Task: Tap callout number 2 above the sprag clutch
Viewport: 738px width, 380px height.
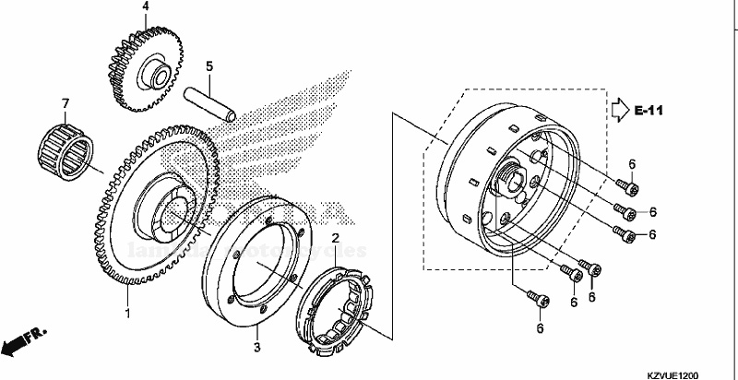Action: (x=337, y=239)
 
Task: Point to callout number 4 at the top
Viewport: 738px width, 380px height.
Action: (x=145, y=7)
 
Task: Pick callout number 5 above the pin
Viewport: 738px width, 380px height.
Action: (x=209, y=66)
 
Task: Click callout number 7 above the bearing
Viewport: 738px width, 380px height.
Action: (x=65, y=102)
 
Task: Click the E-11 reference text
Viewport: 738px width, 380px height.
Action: (x=649, y=112)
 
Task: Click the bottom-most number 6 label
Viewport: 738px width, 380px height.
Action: (x=541, y=328)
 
